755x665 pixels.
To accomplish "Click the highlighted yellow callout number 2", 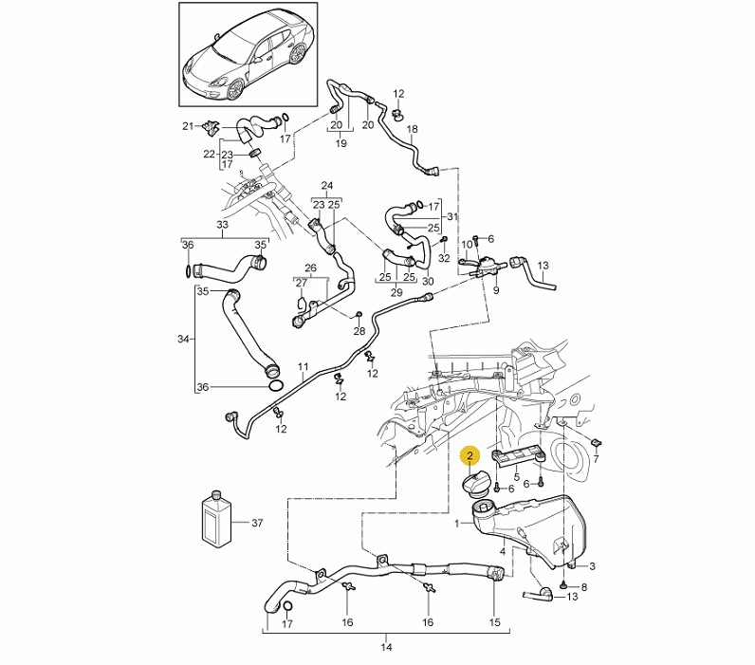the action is coord(470,455).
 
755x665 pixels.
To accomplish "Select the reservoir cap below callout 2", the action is coord(476,483).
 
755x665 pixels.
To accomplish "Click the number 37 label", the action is coord(257,523).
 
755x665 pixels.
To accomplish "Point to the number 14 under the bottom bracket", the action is coord(386,647).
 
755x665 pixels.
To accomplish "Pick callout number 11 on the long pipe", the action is coord(303,367).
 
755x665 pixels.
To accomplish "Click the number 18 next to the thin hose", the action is coord(413,129).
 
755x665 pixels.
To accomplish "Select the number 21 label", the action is coord(188,126).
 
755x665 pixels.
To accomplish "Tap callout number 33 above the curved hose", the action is coord(222,225).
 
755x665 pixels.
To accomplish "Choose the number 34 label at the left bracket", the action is coord(183,339).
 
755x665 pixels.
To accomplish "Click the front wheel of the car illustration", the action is coord(235,89).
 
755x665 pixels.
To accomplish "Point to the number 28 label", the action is coord(359,331).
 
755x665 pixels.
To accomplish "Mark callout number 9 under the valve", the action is coord(496,290).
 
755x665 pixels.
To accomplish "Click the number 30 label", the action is coord(428,281).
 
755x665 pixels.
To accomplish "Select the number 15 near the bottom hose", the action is coord(494,622).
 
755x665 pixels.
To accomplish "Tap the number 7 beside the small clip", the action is coord(596,459).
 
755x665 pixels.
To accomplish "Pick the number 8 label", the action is coord(584,587).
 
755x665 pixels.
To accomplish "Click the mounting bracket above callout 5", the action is coord(518,456).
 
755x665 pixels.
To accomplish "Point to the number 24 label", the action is coord(327,185).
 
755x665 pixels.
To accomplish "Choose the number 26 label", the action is coord(310,268).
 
